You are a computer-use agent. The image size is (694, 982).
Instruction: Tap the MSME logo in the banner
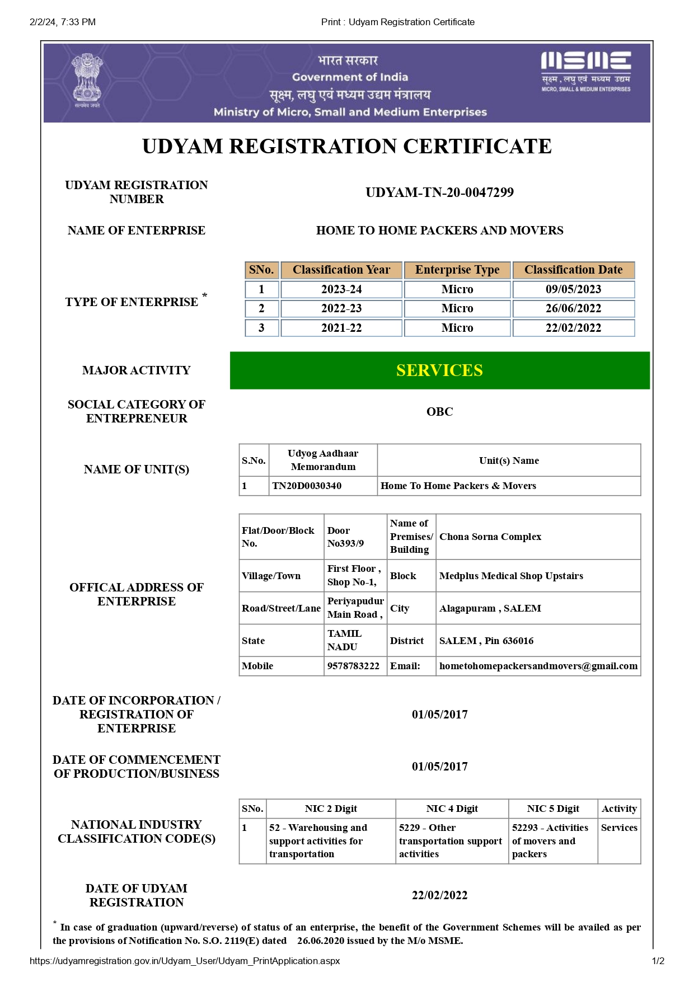[585, 71]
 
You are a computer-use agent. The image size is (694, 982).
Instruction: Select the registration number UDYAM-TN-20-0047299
[439, 192]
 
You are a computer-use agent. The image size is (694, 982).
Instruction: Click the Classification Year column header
[341, 270]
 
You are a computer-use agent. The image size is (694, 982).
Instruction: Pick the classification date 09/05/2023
[573, 289]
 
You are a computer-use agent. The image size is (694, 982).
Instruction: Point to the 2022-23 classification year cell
[341, 308]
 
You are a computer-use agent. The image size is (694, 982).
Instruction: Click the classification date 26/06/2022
[573, 308]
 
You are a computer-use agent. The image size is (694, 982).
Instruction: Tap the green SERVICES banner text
[439, 370]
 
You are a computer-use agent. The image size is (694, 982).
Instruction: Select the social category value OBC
[439, 412]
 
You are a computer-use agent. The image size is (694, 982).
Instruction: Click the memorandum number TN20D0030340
[307, 486]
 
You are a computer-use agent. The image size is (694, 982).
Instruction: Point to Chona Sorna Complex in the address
[490, 537]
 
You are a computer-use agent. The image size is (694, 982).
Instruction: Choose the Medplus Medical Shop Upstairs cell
[511, 576]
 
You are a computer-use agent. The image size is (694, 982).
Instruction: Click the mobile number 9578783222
[353, 666]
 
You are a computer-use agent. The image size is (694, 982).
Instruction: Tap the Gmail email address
[538, 666]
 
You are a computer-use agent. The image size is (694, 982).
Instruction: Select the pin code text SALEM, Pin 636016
[486, 641]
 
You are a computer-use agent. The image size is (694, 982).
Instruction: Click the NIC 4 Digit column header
[452, 809]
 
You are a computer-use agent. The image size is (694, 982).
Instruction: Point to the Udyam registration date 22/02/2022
[439, 895]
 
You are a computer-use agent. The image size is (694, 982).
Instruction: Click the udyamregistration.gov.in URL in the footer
[185, 961]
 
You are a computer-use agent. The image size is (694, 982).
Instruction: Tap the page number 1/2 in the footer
[658, 961]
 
